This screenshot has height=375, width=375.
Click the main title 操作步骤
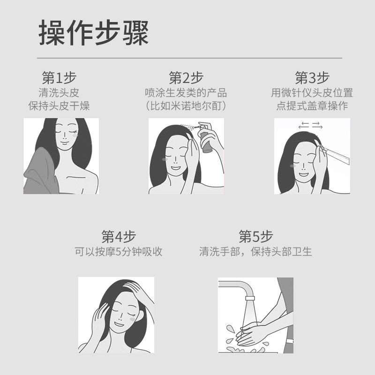click(x=93, y=32)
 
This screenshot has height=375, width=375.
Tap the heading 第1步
click(x=59, y=78)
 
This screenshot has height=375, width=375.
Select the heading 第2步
click(x=186, y=78)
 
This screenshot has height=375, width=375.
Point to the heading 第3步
click(x=312, y=78)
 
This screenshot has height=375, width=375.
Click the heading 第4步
click(x=119, y=236)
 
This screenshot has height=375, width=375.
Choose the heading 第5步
click(x=256, y=236)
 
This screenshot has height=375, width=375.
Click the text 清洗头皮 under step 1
click(x=59, y=93)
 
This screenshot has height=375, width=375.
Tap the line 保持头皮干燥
click(x=59, y=106)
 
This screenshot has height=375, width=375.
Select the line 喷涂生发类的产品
click(x=186, y=93)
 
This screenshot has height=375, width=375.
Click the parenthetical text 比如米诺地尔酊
click(x=186, y=106)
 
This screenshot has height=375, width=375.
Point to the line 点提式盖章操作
click(x=312, y=106)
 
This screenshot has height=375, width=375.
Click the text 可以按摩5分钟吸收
click(x=119, y=252)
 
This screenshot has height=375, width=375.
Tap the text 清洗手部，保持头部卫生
click(x=255, y=252)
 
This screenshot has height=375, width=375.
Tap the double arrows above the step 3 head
click(x=310, y=125)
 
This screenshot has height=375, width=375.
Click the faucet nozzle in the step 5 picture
click(x=250, y=298)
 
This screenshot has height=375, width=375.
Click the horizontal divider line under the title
click(x=189, y=58)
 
